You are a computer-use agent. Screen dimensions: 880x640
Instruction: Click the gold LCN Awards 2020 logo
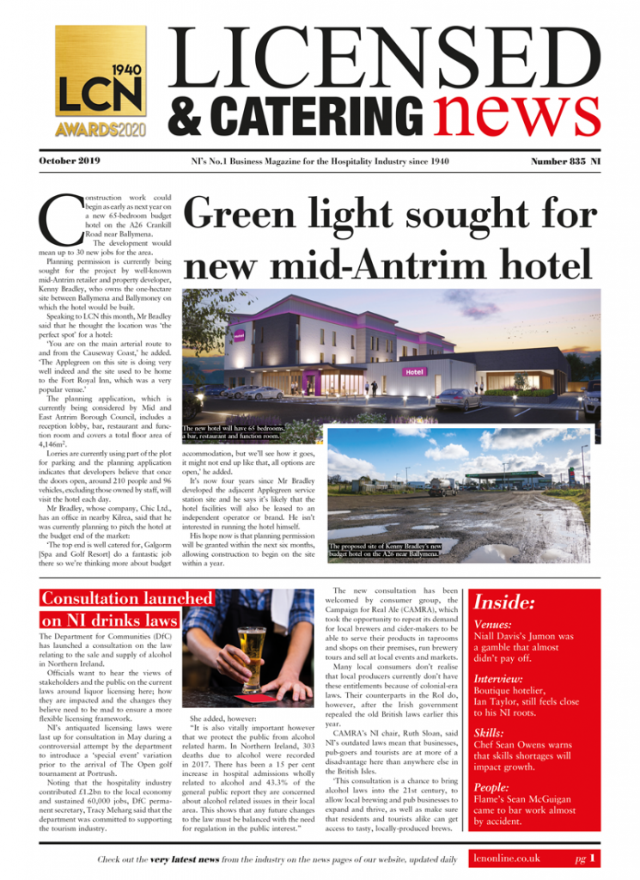[101, 82]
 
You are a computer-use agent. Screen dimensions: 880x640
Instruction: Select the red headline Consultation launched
[126, 598]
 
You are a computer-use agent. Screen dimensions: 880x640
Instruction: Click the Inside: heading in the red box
[505, 602]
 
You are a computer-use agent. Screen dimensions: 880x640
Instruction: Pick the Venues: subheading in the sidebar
[494, 625]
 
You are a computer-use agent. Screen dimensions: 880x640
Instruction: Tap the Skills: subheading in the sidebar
[489, 733]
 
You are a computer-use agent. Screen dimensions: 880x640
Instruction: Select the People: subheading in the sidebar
[493, 787]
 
